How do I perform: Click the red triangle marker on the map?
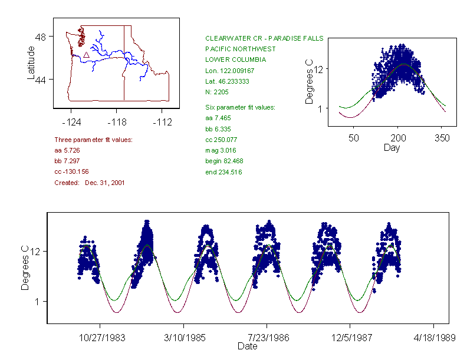(86, 55)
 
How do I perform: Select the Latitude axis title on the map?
(31, 62)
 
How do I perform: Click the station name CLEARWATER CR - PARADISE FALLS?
(264, 38)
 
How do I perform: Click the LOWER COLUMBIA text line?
(235, 60)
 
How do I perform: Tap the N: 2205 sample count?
(217, 92)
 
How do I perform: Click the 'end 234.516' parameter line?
(223, 172)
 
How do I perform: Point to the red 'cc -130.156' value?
(71, 171)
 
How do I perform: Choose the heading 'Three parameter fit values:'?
(93, 140)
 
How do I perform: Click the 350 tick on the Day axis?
(442, 138)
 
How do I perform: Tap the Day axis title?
(392, 147)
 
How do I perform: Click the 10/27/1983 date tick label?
(100, 339)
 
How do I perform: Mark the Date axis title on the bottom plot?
(248, 346)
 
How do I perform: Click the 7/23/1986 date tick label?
(267, 339)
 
